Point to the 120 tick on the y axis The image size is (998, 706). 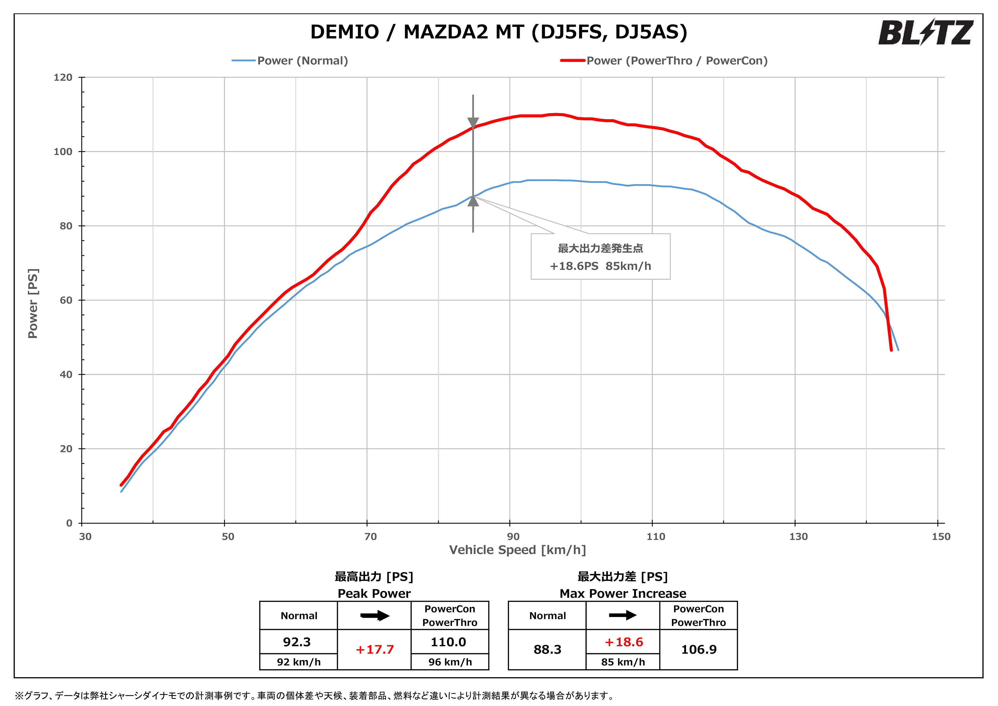[63, 77]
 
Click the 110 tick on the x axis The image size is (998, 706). [655, 536]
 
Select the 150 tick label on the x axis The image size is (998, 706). [941, 536]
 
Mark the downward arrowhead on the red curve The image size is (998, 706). [473, 123]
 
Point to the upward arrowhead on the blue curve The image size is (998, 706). [473, 201]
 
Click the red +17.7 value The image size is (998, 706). [374, 650]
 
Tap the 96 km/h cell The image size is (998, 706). [450, 662]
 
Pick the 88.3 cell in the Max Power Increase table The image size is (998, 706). [547, 650]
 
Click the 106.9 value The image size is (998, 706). [699, 650]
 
